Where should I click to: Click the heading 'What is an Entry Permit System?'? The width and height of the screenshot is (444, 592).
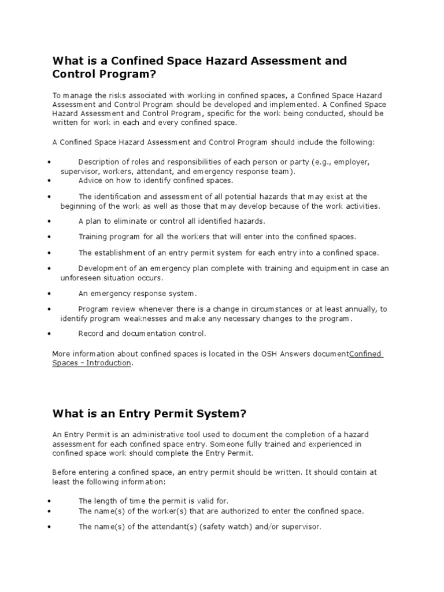(149, 413)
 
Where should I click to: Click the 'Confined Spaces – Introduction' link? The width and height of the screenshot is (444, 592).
(92, 363)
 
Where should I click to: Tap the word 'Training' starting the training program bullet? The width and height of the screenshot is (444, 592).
(94, 236)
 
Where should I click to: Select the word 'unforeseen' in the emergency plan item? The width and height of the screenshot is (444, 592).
(80, 277)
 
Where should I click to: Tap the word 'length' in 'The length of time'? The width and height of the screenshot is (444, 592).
(105, 501)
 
